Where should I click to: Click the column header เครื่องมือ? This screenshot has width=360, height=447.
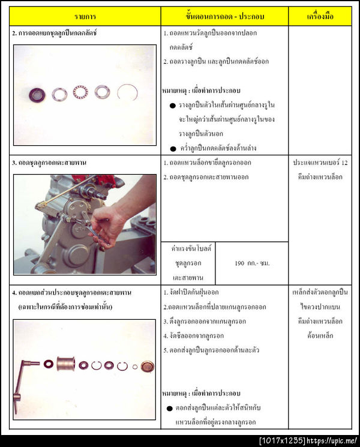[x=320, y=16]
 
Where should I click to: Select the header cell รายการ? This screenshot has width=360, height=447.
[x=85, y=16]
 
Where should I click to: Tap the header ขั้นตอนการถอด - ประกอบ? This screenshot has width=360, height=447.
[x=225, y=16]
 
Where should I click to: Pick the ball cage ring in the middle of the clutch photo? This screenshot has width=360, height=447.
[x=80, y=92]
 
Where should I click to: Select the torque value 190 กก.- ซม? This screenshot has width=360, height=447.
[x=251, y=263]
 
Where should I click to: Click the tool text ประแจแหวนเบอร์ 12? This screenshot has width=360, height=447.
[x=320, y=163]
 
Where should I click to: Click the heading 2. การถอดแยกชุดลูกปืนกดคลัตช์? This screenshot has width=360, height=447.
[x=55, y=33]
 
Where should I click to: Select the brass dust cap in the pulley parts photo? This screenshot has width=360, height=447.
[x=147, y=365]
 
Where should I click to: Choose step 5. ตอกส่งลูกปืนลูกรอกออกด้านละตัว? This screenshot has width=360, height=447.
[x=214, y=350]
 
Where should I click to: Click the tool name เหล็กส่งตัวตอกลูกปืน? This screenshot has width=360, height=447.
[x=320, y=292]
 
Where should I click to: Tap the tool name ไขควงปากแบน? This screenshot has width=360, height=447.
[x=320, y=307]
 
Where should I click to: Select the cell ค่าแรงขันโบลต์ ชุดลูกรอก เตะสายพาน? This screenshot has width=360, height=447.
[x=187, y=263]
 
